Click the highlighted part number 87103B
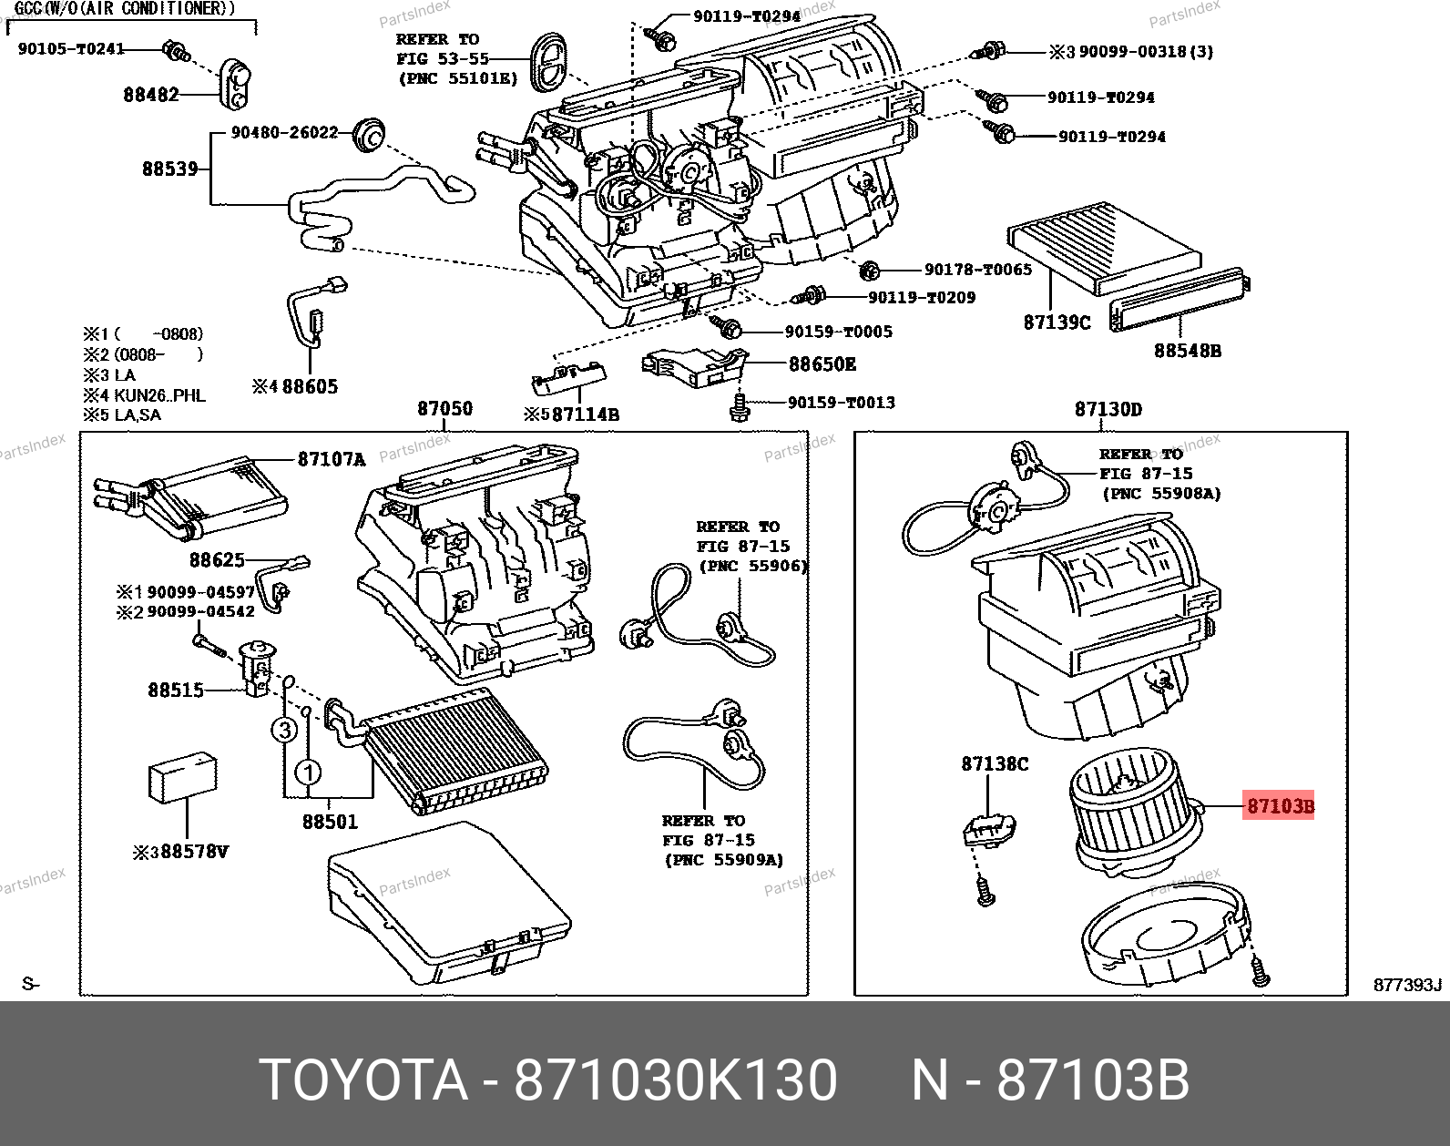coord(1280,806)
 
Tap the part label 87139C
coord(1057,322)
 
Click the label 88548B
coord(1188,350)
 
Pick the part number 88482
coord(151,94)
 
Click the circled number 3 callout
coord(284,730)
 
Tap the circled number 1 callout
coord(309,773)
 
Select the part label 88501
coord(330,822)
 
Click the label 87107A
coord(332,460)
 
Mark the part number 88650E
coord(822,364)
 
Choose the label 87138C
coord(994,764)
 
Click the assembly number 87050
coord(444,409)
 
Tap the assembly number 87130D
coord(1108,409)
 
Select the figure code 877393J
coord(1408,985)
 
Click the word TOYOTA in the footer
coord(363,1081)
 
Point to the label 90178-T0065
coord(978,270)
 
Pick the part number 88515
coord(176,691)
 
